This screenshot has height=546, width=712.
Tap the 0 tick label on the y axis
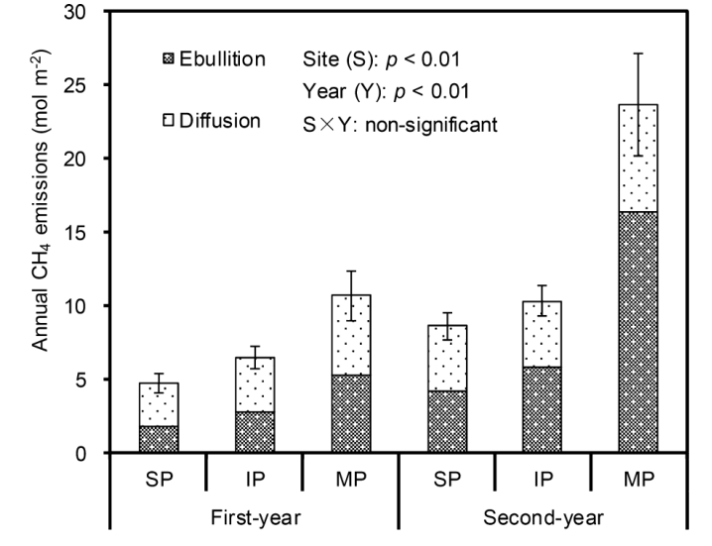(x=91, y=453)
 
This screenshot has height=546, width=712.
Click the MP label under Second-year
(x=638, y=476)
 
